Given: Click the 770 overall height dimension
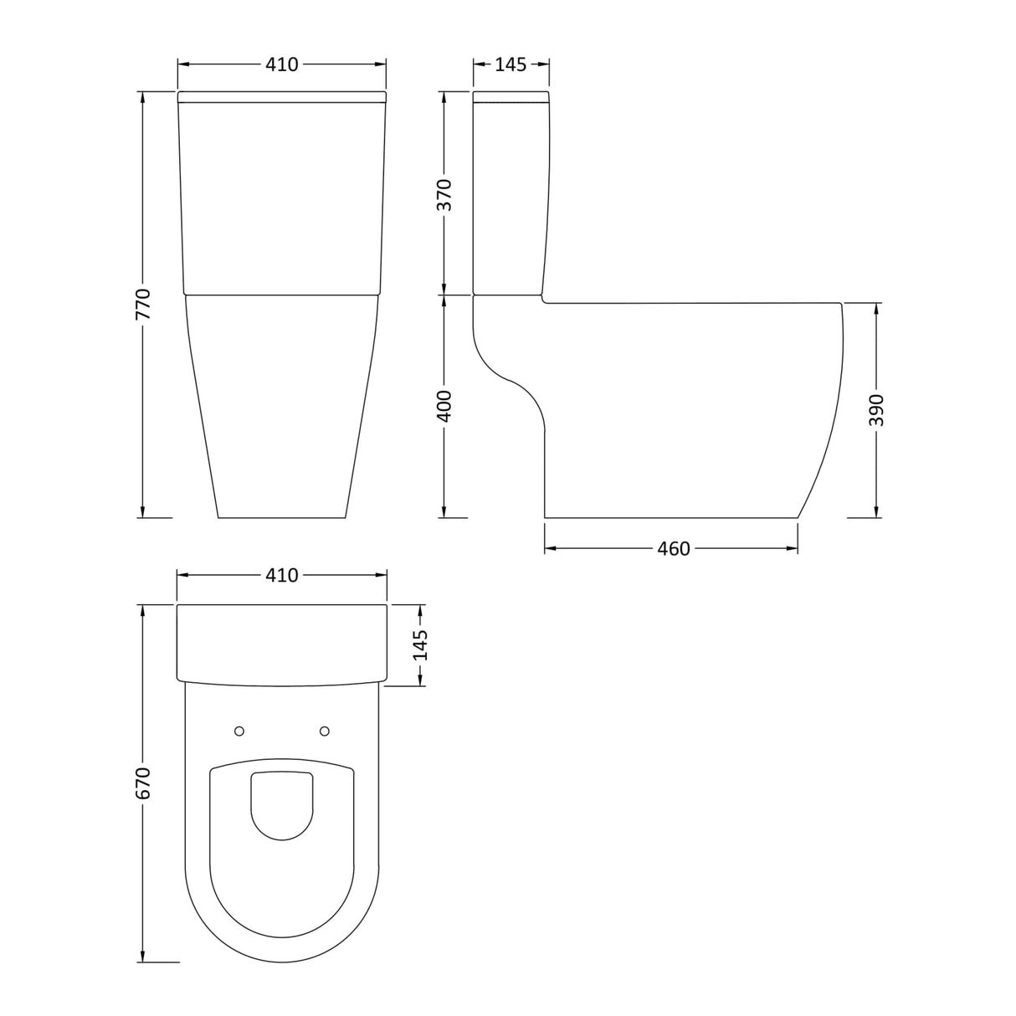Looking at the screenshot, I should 143,305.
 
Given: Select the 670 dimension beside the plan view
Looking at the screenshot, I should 143,783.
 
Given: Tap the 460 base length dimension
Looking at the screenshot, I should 674,549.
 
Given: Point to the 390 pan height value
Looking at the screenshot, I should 876,410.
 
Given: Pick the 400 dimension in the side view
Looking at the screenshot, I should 444,406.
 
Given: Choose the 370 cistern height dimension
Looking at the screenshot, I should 444,194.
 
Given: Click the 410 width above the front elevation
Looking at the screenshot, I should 282,64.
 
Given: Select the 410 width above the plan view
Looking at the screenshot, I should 282,576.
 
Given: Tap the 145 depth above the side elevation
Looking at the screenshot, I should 511,64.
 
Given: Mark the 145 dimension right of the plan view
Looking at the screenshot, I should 420,645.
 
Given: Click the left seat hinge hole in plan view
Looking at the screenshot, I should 239,731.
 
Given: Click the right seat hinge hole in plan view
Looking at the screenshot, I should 325,731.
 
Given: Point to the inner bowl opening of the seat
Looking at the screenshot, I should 282,803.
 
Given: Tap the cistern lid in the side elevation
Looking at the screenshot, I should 511,96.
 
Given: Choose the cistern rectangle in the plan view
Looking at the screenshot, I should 282,641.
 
